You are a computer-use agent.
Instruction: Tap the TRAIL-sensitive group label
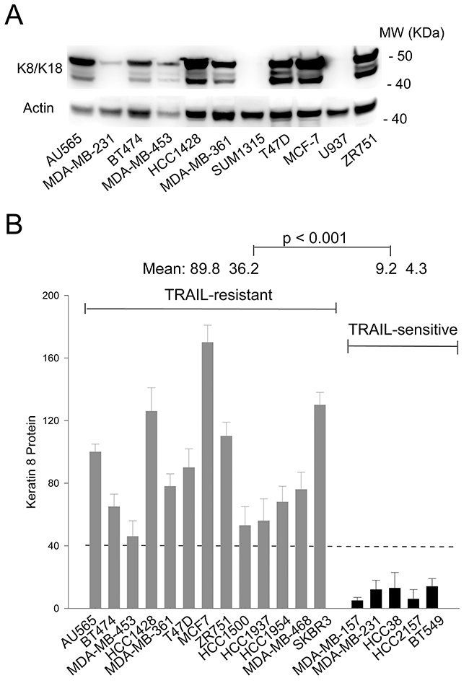pos(403,330)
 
